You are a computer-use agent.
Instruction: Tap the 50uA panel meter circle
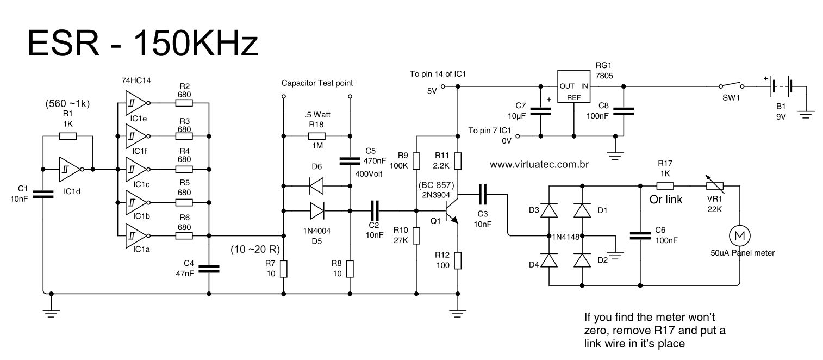[x=739, y=235]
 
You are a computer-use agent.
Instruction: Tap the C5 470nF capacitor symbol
[x=350, y=161]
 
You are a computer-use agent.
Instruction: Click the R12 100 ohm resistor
[x=458, y=260]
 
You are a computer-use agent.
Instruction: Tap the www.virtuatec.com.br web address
[x=540, y=164]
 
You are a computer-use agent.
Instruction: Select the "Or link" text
[x=666, y=200]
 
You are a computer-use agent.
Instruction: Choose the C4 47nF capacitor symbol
[x=209, y=268]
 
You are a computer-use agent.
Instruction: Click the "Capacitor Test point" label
[x=317, y=83]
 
